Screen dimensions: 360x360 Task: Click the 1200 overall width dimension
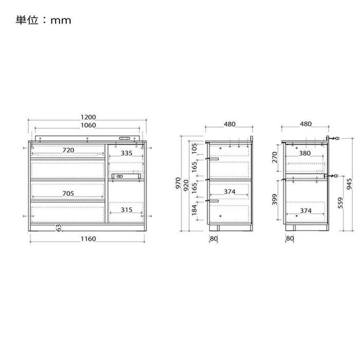(88, 117)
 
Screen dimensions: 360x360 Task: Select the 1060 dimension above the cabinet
(88, 125)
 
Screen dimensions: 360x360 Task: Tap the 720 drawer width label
(68, 150)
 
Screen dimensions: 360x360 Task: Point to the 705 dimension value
(68, 193)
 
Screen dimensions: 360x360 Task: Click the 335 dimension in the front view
(127, 153)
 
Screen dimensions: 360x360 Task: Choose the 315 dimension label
(127, 210)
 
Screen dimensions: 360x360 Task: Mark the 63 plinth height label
(59, 228)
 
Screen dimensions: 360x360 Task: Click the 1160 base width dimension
(88, 239)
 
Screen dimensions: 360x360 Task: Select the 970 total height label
(178, 183)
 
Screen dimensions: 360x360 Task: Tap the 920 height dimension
(186, 186)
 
